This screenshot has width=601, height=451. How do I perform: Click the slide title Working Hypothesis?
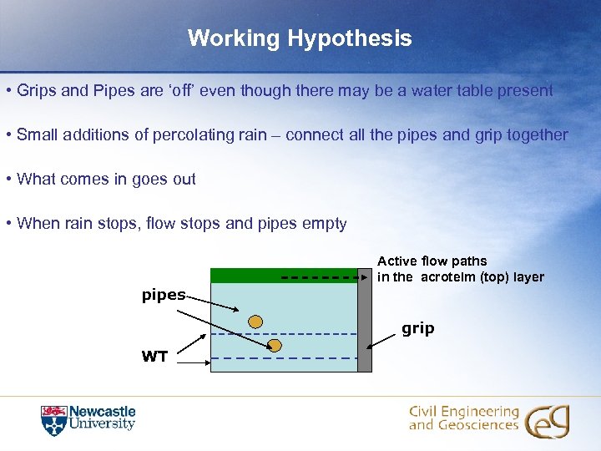click(x=300, y=38)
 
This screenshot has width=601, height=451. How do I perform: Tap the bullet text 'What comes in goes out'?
click(x=106, y=179)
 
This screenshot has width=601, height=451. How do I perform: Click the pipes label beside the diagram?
click(x=163, y=295)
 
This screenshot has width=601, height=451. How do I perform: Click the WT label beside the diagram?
click(x=154, y=357)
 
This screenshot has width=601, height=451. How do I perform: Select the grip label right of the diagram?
click(x=418, y=328)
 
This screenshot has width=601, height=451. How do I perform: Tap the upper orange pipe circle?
click(x=256, y=322)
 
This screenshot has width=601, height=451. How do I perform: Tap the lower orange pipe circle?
click(x=275, y=345)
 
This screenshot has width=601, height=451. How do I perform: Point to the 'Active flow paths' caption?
click(x=432, y=261)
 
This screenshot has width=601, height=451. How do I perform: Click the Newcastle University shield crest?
click(x=53, y=420)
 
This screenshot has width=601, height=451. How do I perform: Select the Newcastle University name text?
click(x=102, y=418)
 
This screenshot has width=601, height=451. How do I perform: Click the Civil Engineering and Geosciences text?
click(x=463, y=418)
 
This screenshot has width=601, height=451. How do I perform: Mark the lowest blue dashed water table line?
click(x=283, y=358)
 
